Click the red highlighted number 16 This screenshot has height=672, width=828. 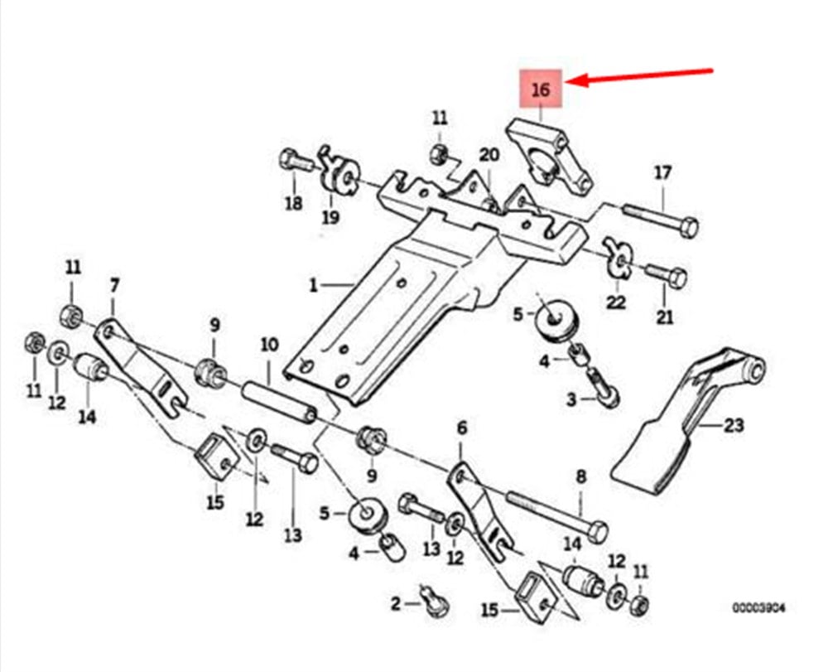click(x=540, y=90)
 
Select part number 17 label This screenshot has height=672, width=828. click(x=663, y=173)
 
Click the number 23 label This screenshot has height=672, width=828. click(x=734, y=426)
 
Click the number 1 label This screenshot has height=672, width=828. click(x=314, y=286)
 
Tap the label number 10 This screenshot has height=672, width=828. click(x=269, y=343)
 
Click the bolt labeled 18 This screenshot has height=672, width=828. click(x=295, y=161)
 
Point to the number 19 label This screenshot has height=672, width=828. click(x=330, y=218)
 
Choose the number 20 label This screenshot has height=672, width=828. click(x=489, y=155)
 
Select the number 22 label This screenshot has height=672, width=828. click(x=615, y=303)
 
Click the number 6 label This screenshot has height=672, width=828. click(x=462, y=428)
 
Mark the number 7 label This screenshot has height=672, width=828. click(x=114, y=285)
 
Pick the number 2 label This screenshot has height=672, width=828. click(x=396, y=603)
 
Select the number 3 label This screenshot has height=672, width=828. click(x=570, y=400)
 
